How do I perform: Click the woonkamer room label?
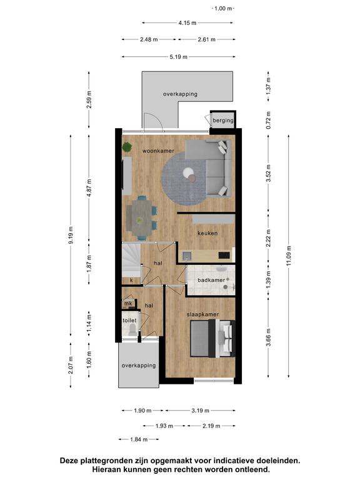pyautogui.click(x=158, y=151)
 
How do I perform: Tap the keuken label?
pyautogui.click(x=207, y=233)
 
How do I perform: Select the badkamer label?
pyautogui.click(x=211, y=280)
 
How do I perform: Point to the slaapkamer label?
pyautogui.click(x=202, y=314)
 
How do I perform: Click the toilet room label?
pyautogui.click(x=129, y=321)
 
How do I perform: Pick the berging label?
pyautogui.click(x=223, y=121)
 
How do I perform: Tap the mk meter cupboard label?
pyautogui.click(x=128, y=304)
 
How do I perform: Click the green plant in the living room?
pyautogui.click(x=127, y=147)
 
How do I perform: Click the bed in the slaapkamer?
pyautogui.click(x=212, y=338)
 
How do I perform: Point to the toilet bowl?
pyautogui.click(x=132, y=330)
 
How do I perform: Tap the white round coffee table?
pyautogui.click(x=188, y=173)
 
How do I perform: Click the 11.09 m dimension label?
pyautogui.click(x=289, y=256)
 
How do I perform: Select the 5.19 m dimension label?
pyautogui.click(x=179, y=57)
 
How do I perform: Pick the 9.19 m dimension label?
pyautogui.click(x=71, y=235)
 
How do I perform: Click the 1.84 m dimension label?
pyautogui.click(x=139, y=439)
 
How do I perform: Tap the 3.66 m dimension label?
pyautogui.click(x=269, y=337)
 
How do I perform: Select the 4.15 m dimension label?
pyautogui.click(x=187, y=22)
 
